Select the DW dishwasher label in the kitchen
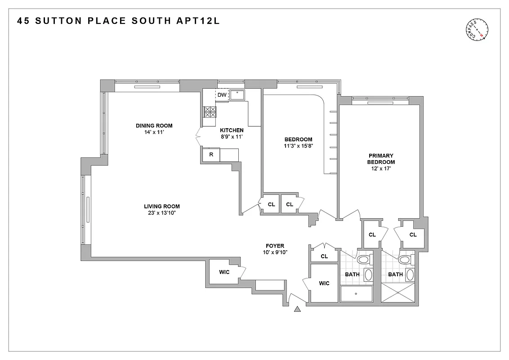[x=222, y=95]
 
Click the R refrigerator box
[x=211, y=155]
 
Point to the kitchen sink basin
[x=237, y=94]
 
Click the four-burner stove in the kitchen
[x=210, y=112]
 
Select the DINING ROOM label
[x=154, y=126]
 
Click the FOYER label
[x=275, y=246]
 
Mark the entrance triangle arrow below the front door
[x=297, y=309]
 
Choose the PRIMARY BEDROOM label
[x=381, y=159]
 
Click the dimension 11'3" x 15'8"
[x=298, y=146]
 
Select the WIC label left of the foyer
[x=224, y=272]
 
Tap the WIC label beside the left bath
[x=324, y=283]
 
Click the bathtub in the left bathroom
[x=356, y=294]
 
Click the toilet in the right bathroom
[x=405, y=260]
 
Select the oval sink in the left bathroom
[x=368, y=275]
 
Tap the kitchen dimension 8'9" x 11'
[x=232, y=137]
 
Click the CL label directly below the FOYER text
[x=324, y=256]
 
